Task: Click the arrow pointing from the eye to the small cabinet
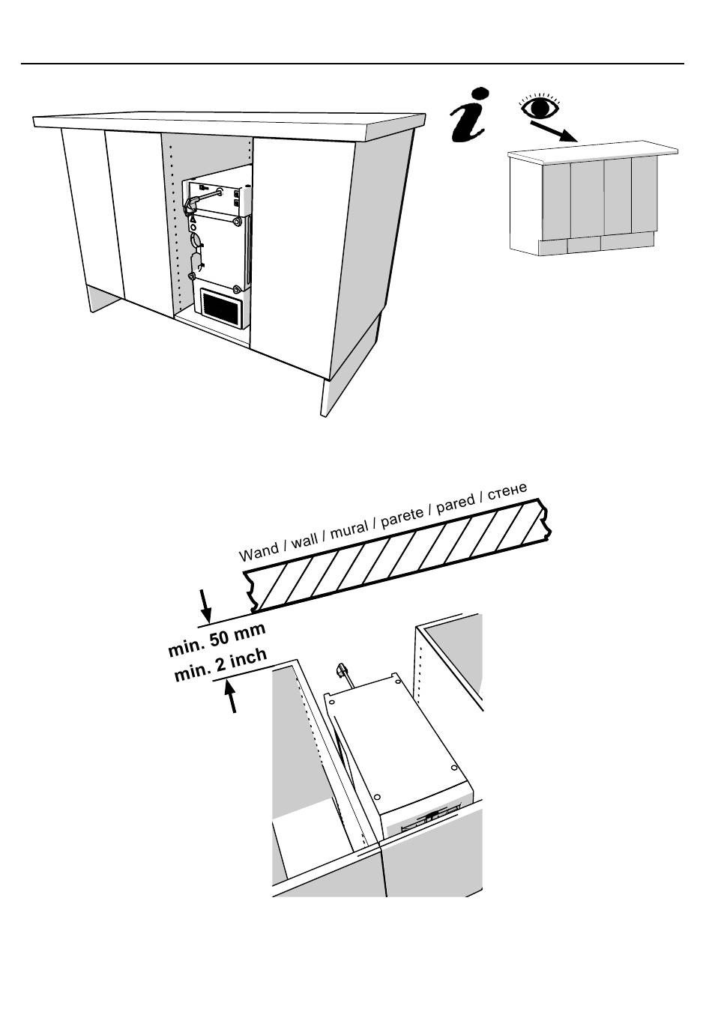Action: coord(553,131)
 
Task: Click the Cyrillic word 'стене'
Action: coord(507,491)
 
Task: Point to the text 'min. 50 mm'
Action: coord(217,640)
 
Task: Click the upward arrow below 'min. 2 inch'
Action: coord(231,697)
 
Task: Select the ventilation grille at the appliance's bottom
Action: coord(222,307)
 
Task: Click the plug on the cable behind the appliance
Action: coord(341,669)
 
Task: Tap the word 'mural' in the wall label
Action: coord(349,529)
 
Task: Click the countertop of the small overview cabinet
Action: coord(593,151)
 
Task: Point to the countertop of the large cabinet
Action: coord(229,126)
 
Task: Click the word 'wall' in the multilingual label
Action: coord(305,540)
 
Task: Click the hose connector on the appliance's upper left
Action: coord(191,203)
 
